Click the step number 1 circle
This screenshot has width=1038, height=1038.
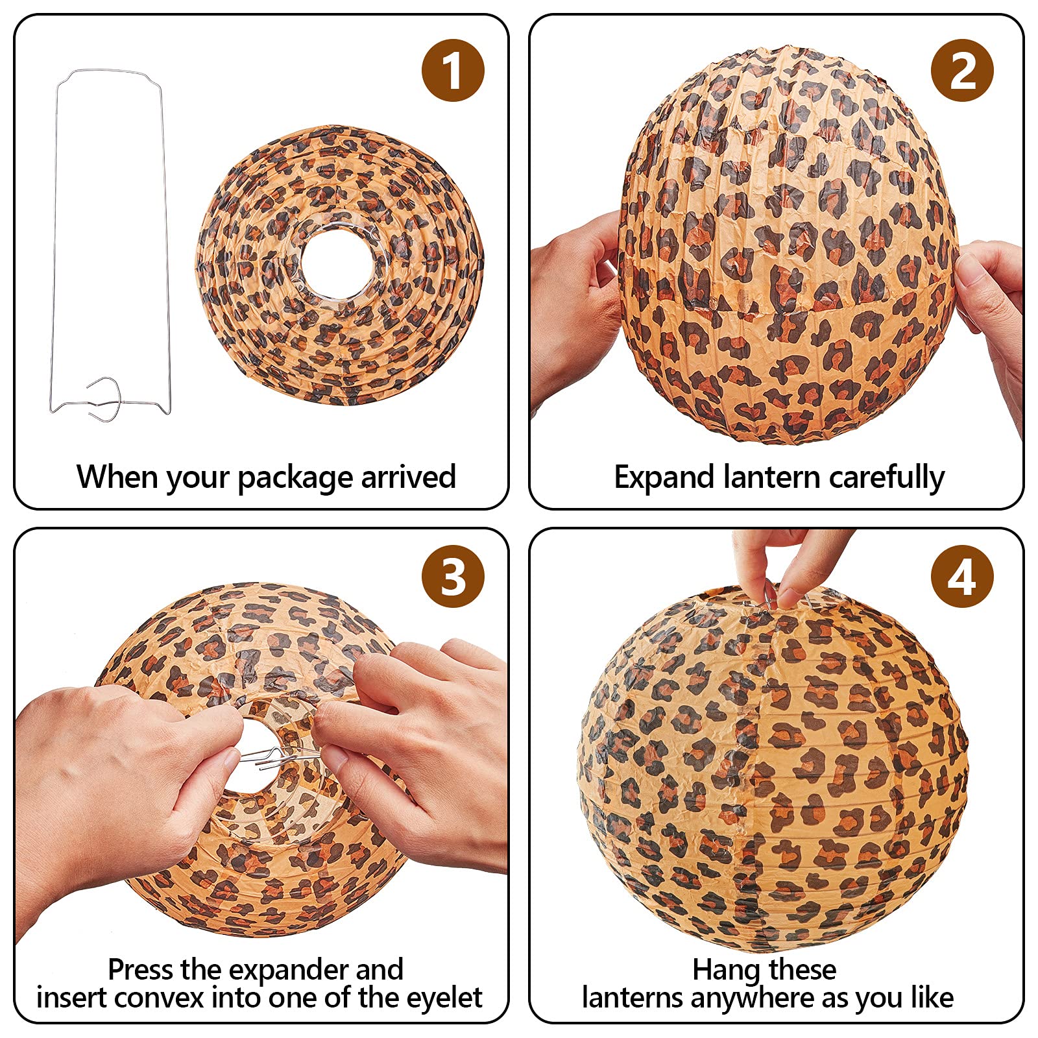point(453,70)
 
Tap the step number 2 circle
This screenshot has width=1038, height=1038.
point(962,70)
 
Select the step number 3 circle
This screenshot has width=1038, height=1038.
point(453,575)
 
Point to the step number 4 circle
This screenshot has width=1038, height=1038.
point(962,575)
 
